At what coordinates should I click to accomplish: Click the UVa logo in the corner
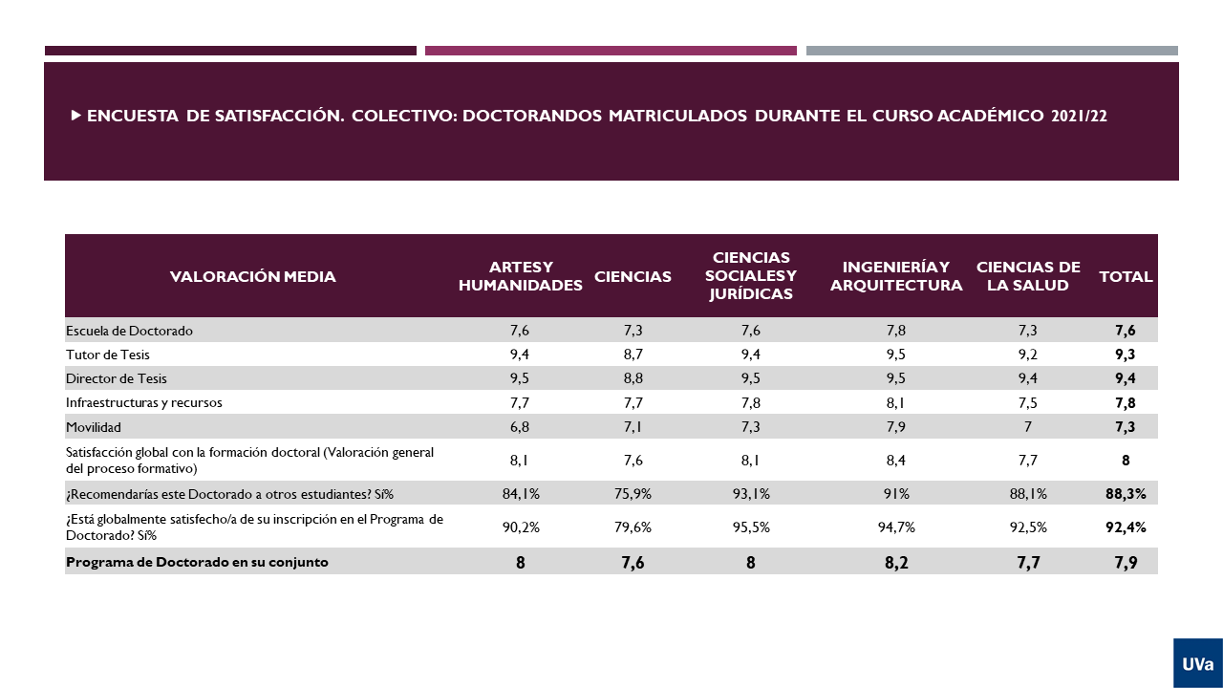[x=1197, y=663]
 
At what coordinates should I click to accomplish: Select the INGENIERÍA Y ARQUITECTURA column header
[x=895, y=276]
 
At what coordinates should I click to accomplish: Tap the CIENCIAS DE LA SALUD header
[x=1028, y=276]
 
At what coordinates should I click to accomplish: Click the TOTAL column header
[x=1126, y=277]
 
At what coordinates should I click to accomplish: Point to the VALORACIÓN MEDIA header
[x=253, y=277]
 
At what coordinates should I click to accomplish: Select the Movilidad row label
[x=94, y=426]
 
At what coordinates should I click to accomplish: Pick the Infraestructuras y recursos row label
[x=143, y=402]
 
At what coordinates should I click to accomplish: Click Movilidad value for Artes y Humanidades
[x=520, y=426]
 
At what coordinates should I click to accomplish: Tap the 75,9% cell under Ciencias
[x=633, y=494]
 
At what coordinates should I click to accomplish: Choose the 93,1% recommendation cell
[x=750, y=494]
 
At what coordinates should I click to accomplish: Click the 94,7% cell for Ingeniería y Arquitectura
[x=896, y=527]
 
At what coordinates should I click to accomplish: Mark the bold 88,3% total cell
[x=1126, y=494]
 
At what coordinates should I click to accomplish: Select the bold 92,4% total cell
[x=1126, y=527]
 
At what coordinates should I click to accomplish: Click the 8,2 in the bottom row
[x=896, y=563]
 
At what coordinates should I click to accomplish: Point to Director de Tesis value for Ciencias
[x=633, y=378]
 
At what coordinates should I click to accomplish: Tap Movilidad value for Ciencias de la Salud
[x=1028, y=426]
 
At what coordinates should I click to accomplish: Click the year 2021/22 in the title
[x=1079, y=117]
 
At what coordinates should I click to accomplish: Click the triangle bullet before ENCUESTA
[x=75, y=116]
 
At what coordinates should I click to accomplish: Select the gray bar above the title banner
[x=992, y=51]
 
